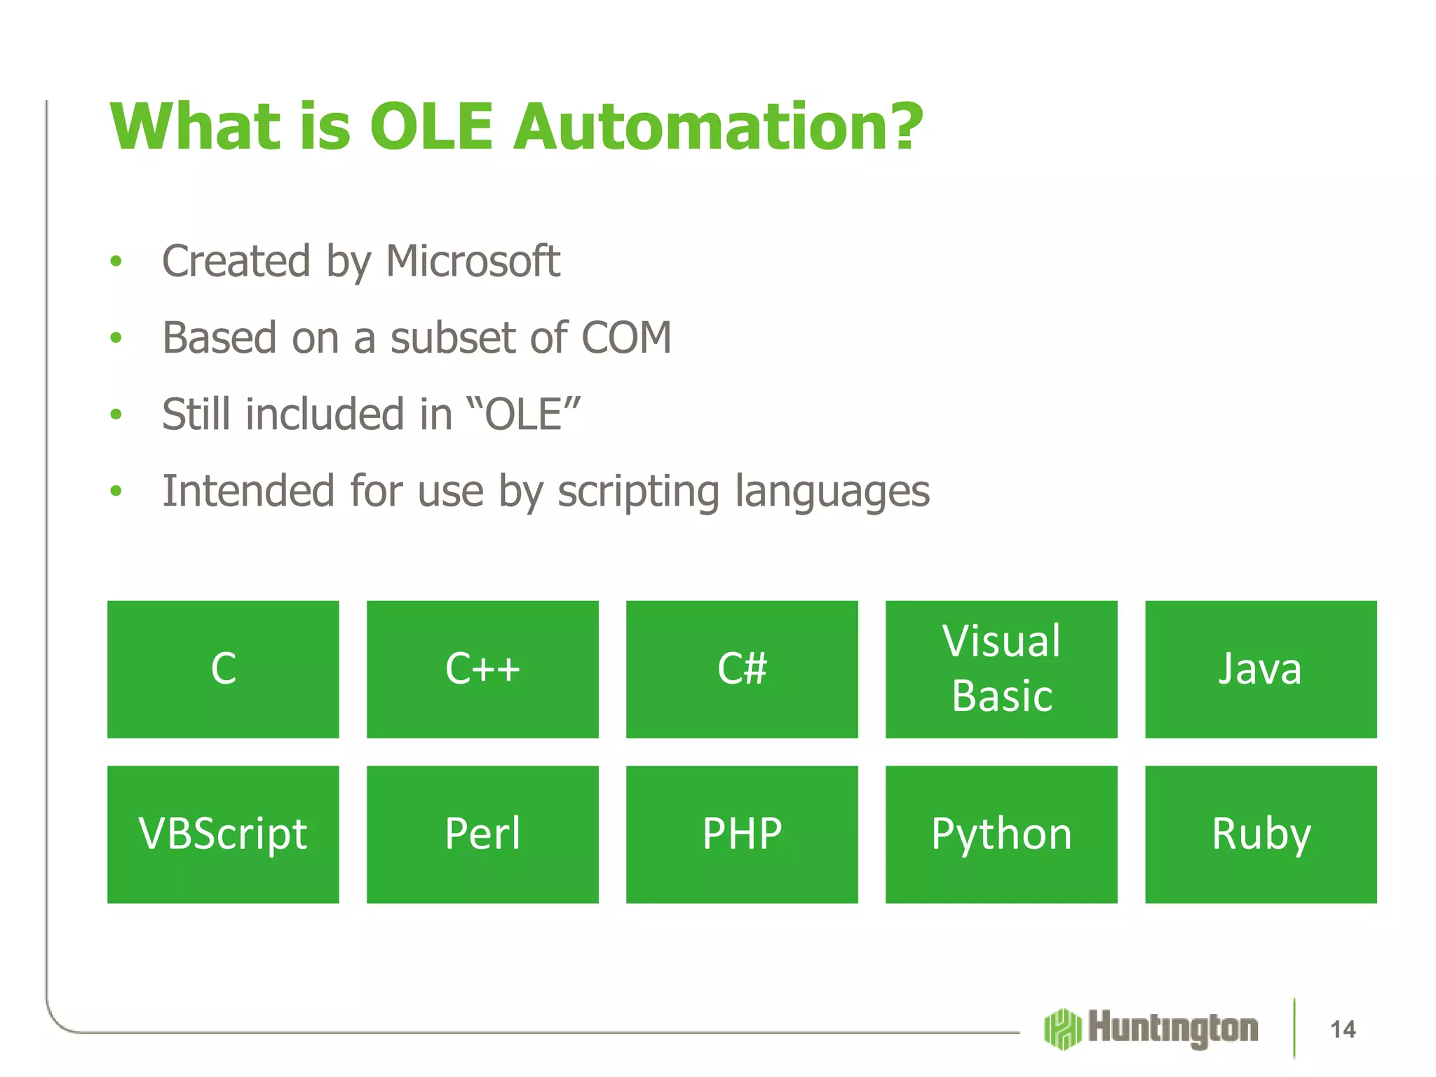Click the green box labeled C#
(742, 669)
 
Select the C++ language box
(482, 669)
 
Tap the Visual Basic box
(1001, 669)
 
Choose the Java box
(1261, 669)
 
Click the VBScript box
(223, 834)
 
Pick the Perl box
(482, 834)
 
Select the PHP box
(742, 834)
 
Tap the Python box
(1001, 834)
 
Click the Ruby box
(1261, 834)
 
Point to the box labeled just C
(223, 669)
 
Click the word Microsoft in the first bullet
(473, 262)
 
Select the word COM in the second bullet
(626, 338)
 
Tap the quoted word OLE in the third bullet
(523, 414)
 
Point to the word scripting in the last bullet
(638, 491)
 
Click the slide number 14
(1343, 1029)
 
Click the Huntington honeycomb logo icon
(1062, 1029)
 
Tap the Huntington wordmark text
(1173, 1029)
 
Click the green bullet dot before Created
(116, 262)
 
